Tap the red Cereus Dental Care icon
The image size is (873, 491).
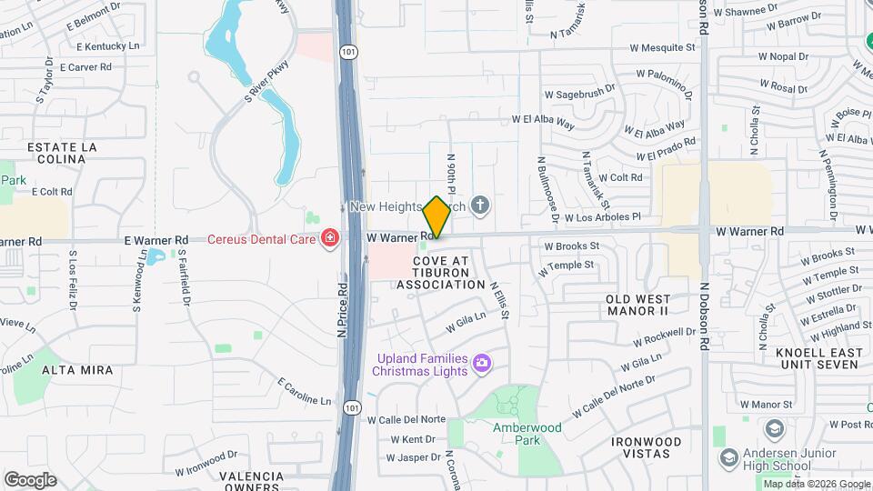(x=330, y=239)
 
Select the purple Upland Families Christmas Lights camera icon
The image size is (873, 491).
(x=482, y=365)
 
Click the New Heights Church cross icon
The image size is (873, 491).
(x=480, y=207)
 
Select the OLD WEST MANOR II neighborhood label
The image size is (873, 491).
(x=638, y=305)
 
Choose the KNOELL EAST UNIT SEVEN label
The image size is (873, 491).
(x=818, y=357)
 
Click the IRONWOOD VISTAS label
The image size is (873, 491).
(x=647, y=446)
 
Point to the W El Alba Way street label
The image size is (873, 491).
(x=543, y=118)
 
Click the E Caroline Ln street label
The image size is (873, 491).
(x=305, y=391)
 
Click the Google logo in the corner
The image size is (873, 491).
(x=29, y=479)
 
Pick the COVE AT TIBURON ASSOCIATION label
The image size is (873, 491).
(x=441, y=273)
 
